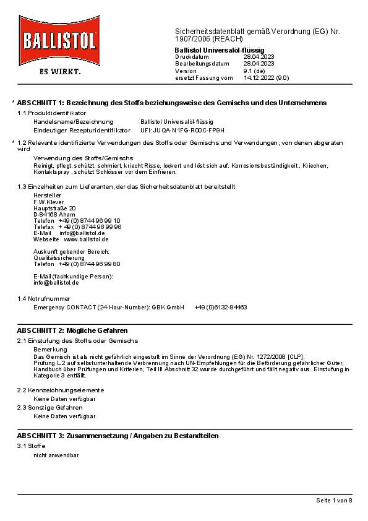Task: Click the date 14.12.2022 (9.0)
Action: point(266,78)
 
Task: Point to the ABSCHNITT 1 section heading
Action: point(172,102)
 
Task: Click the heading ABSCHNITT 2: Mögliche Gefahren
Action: point(72,331)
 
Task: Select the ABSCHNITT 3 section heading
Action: point(118,436)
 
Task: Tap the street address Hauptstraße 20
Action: point(54,208)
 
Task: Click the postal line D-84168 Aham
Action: point(55,214)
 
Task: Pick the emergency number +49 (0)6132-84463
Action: point(221,307)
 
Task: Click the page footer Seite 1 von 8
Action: point(334,500)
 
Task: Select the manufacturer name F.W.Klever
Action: point(49,202)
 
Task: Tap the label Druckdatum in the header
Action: point(192,56)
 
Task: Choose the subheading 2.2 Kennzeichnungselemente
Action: point(61,390)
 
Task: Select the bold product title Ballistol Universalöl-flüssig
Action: point(220,49)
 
